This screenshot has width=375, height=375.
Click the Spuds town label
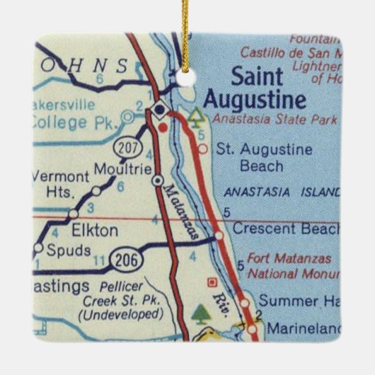coord(68,250)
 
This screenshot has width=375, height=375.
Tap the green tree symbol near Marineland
coord(202,312)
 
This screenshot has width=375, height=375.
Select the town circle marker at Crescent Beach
coord(219,235)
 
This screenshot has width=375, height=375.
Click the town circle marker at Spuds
coord(38,248)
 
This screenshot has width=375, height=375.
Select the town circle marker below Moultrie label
coord(157,180)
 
